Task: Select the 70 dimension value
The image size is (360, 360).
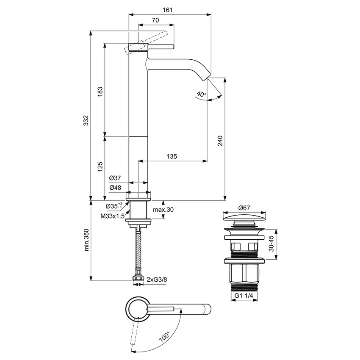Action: click(x=155, y=20)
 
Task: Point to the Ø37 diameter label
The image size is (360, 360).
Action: click(x=115, y=178)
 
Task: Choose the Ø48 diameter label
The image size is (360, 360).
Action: click(x=115, y=188)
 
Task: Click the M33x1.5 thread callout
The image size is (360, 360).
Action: click(x=113, y=216)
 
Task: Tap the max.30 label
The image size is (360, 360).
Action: click(x=163, y=210)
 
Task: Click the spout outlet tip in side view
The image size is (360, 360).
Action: click(x=206, y=77)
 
